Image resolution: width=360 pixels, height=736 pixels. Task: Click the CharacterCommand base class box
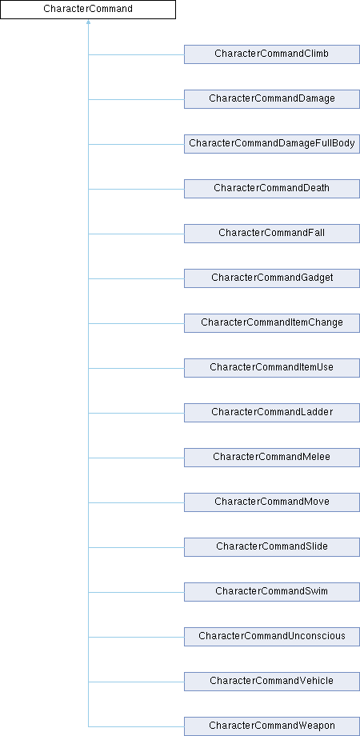tap(88, 10)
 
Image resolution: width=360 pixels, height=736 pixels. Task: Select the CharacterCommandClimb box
tap(272, 54)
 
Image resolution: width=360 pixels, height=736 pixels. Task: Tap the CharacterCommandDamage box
tap(272, 99)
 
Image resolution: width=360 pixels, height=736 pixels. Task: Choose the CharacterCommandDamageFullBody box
tap(272, 144)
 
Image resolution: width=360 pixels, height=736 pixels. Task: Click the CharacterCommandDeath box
tap(272, 189)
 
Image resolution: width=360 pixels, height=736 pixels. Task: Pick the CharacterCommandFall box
tap(272, 234)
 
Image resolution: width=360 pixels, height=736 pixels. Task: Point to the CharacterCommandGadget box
tap(272, 278)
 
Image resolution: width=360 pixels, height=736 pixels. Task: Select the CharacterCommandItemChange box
tap(272, 323)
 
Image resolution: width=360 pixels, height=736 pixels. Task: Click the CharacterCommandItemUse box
tap(272, 368)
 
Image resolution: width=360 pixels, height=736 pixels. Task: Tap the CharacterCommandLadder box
tap(272, 413)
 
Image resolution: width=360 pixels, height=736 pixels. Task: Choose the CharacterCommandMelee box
tap(272, 457)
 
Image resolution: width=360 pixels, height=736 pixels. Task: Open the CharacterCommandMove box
tap(272, 502)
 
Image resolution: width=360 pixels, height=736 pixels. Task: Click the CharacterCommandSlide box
tap(272, 547)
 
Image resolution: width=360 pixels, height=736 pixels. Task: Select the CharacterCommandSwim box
tap(272, 592)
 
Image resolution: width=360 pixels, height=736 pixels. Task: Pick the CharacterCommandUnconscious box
tap(272, 637)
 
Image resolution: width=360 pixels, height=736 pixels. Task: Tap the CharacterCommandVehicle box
tap(272, 681)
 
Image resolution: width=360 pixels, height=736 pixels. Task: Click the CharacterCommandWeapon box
tap(272, 726)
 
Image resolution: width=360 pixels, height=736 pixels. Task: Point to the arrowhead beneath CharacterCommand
tap(88, 22)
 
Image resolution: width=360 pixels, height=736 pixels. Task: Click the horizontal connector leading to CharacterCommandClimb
tap(136, 54)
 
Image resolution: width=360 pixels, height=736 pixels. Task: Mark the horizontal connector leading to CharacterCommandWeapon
tap(136, 726)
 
